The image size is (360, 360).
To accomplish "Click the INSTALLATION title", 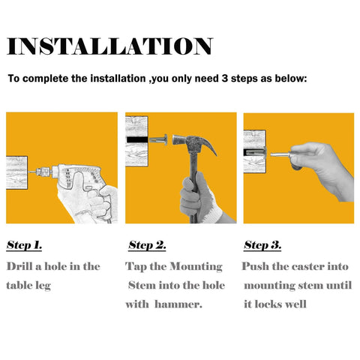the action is [109, 46].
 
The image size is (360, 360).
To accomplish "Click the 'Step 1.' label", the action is [24, 245].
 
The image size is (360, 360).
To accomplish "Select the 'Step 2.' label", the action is [147, 245].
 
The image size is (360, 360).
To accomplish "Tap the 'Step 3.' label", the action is [262, 245].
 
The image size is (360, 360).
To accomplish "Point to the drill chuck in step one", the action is [43, 172].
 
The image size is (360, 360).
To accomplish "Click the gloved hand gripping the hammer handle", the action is [199, 197].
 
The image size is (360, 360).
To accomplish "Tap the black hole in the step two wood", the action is [137, 139].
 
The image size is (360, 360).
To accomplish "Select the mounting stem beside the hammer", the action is [158, 139].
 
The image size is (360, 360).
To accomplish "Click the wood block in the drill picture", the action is [16, 172].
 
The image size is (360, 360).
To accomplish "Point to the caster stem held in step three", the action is [280, 154].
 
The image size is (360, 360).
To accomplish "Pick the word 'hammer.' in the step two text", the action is [178, 304].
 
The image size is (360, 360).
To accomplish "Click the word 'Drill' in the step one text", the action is [19, 266].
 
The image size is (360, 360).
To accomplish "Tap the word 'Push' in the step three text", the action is [255, 266].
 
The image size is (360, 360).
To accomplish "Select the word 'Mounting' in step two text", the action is [196, 267].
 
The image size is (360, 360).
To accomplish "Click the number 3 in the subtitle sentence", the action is [224, 79].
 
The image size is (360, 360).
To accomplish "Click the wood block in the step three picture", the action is [254, 151].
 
